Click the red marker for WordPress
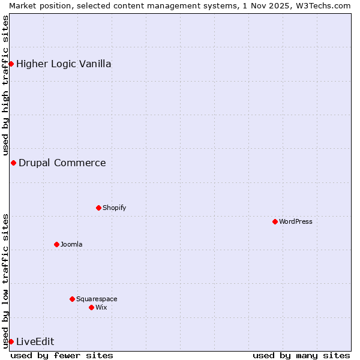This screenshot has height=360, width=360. click(x=275, y=221)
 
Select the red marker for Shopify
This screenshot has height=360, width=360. click(x=98, y=208)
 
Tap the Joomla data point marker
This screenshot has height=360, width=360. click(x=56, y=244)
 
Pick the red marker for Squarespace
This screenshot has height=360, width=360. click(x=72, y=299)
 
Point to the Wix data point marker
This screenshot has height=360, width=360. click(x=91, y=307)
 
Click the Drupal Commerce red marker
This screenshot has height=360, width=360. click(x=13, y=163)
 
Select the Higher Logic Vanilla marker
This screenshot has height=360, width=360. click(x=11, y=64)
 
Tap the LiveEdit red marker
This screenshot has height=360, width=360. click(x=11, y=341)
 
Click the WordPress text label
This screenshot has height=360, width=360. click(x=296, y=221)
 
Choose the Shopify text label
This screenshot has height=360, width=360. click(x=114, y=208)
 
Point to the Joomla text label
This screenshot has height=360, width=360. click(x=71, y=244)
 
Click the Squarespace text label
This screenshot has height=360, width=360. click(x=97, y=299)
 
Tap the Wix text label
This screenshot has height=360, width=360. click(x=101, y=307)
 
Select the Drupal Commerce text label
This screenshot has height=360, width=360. click(x=62, y=163)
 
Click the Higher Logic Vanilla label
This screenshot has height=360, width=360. click(x=64, y=64)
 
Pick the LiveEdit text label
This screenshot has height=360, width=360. click(x=35, y=341)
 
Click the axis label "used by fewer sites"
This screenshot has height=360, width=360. click(x=62, y=355)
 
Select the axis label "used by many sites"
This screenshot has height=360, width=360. click(x=301, y=355)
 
